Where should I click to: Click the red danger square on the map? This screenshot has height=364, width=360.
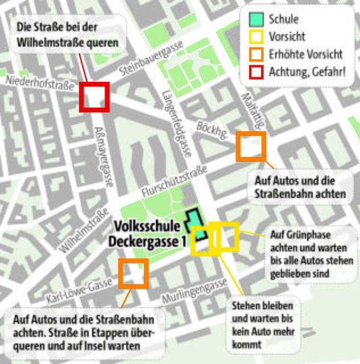point(94,97)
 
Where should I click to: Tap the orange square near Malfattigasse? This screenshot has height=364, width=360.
point(251,146)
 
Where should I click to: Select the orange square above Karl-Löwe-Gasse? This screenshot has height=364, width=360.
point(134,274)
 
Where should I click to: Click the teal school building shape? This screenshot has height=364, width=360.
point(195,225)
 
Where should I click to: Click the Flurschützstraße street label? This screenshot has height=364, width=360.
point(174,181)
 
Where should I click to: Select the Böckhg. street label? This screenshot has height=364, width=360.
point(212,129)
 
